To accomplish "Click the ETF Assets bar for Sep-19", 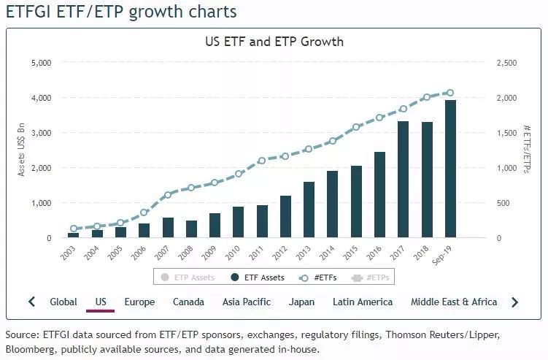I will coord(450,169).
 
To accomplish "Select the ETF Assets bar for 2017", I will coord(403,180).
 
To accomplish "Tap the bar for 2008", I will coord(191,229).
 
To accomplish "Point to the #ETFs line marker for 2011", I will coord(262,161).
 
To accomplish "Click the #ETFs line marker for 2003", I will coord(73,229).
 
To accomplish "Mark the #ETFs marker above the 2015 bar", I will coord(357,127).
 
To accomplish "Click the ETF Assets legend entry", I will coord(258,277).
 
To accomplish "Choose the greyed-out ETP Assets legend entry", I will coord(189,277).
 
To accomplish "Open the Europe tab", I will coord(139,302).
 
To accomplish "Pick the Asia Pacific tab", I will coord(247,302).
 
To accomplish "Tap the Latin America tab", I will coord(363,302).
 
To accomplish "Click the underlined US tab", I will coord(101,302).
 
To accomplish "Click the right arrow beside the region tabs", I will coord(515,302).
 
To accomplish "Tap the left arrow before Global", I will coord(31,302).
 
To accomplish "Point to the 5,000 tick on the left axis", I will coord(41,63).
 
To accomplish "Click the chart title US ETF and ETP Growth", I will coord(274,42).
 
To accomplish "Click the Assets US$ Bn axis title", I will coord(22,150).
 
